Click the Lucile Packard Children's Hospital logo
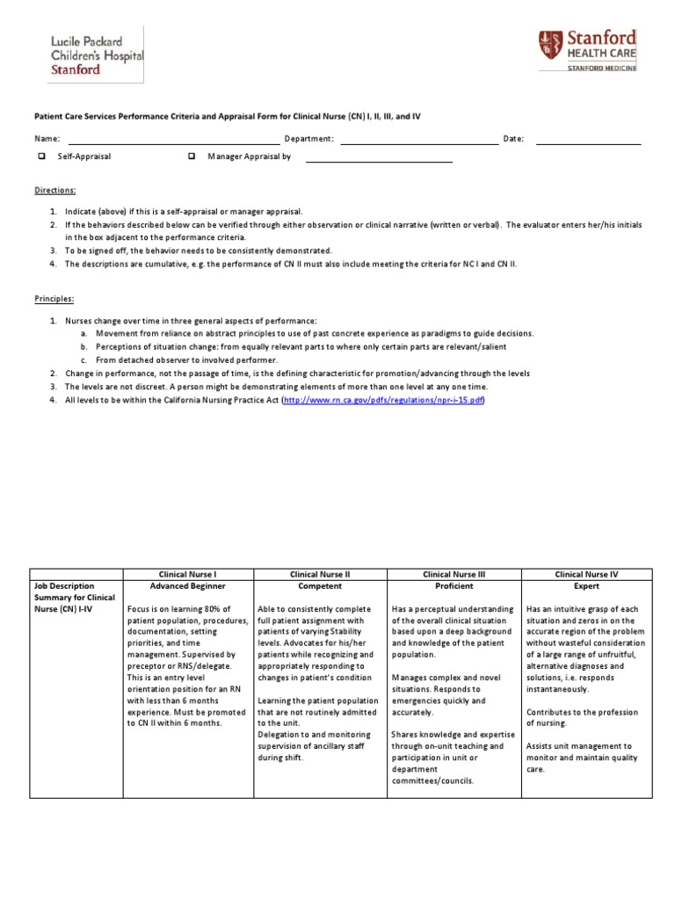point(85,55)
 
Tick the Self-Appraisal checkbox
point(41,156)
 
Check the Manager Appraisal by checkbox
point(191,156)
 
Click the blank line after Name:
point(172,139)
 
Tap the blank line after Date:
point(588,139)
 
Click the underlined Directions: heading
point(55,190)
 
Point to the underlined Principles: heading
point(55,299)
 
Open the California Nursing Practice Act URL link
point(382,400)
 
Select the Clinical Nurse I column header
point(188,574)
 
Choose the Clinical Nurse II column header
point(320,574)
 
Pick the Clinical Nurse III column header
point(454,574)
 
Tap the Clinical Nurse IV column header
point(586,574)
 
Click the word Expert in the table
point(586,586)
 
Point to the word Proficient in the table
point(454,586)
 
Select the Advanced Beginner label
point(188,586)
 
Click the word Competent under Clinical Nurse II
point(320,586)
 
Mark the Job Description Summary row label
point(75,598)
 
